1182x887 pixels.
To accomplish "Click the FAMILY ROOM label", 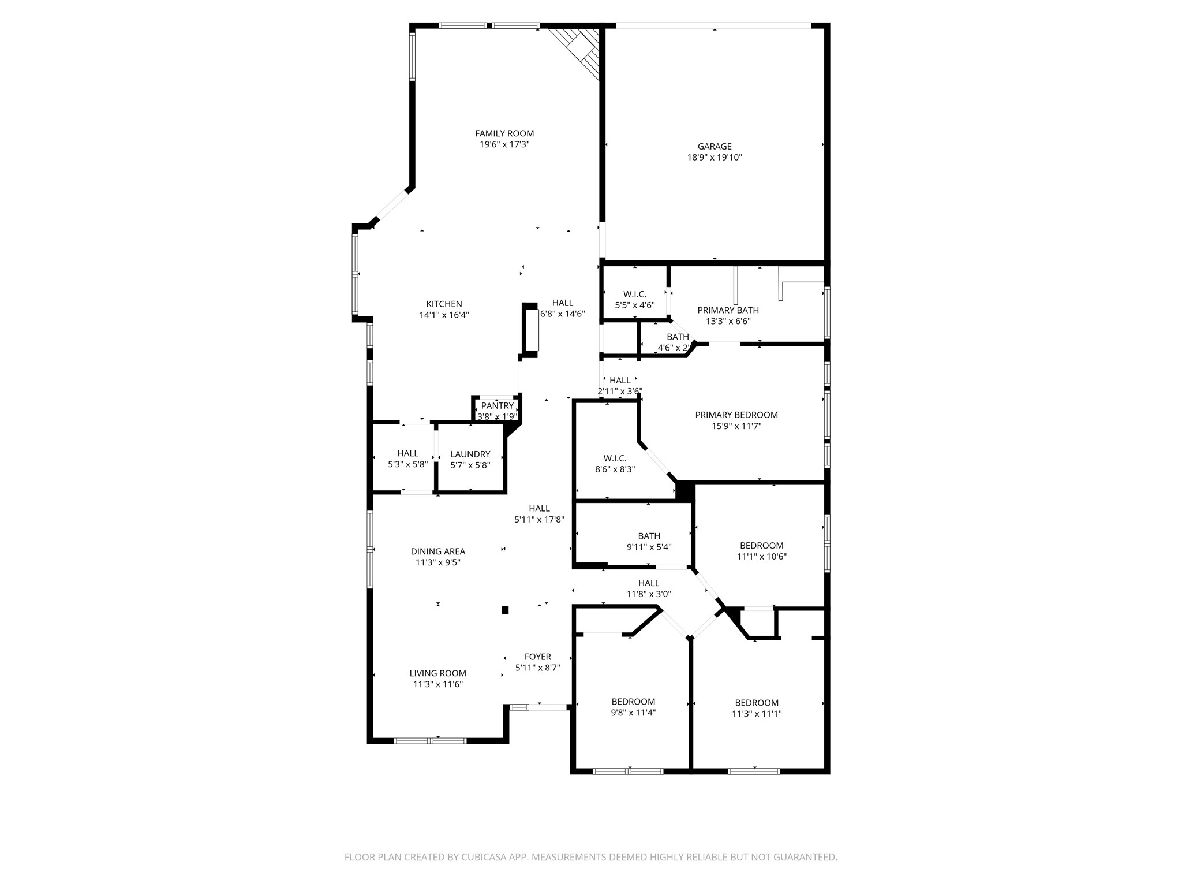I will (504, 133).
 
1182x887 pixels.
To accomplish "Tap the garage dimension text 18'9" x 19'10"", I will (715, 157).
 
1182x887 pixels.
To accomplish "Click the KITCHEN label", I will (444, 304).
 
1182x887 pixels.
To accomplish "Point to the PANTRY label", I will (497, 406).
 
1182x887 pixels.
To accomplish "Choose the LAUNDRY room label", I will (470, 454).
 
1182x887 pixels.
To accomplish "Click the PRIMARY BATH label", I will (728, 310).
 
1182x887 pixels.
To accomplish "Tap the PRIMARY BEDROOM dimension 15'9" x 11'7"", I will (736, 426).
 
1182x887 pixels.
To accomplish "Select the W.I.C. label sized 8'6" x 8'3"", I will (615, 459).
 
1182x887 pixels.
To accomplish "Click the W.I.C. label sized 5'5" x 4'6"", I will (634, 295).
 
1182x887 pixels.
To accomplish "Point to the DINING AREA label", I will (437, 551).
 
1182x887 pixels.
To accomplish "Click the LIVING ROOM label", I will (437, 673).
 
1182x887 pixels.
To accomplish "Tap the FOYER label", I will (537, 657).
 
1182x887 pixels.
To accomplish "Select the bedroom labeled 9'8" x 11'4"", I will (633, 702).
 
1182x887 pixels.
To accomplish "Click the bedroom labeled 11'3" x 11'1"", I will (757, 703).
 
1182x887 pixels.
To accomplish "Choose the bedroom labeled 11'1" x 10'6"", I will (761, 546).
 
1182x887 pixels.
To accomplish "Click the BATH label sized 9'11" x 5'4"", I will (649, 536).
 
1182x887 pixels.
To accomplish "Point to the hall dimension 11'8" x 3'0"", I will (649, 594).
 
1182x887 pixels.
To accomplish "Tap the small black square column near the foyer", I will (505, 610).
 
